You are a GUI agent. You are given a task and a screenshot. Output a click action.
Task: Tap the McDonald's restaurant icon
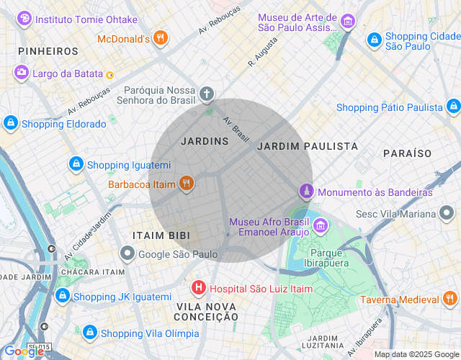click(161, 38)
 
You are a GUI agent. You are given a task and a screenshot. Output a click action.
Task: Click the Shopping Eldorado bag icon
click(11, 123)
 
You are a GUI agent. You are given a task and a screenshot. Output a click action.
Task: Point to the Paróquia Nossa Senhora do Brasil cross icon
click(207, 94)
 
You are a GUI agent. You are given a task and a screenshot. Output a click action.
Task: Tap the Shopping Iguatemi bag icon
click(76, 164)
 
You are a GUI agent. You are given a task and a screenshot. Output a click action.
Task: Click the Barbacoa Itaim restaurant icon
click(187, 184)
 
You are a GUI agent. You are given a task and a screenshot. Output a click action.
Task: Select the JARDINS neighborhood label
click(205, 141)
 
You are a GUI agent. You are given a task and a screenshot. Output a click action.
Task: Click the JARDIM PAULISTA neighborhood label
click(307, 146)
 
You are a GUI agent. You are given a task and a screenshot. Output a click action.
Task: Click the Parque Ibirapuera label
click(330, 258)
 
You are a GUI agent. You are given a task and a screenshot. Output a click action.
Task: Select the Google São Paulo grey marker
click(127, 253)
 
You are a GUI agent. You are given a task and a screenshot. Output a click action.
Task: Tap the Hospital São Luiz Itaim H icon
click(199, 289)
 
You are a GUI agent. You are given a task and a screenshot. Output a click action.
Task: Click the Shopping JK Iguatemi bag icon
click(63, 296)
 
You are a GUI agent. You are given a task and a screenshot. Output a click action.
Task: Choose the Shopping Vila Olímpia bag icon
click(90, 333)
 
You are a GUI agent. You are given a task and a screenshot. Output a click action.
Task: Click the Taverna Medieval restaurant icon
click(449, 300)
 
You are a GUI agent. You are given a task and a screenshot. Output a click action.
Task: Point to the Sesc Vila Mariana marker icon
click(447, 214)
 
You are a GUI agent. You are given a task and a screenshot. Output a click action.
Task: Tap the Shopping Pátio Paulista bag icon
click(452, 107)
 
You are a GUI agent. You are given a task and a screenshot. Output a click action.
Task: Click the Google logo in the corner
click(23, 351)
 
